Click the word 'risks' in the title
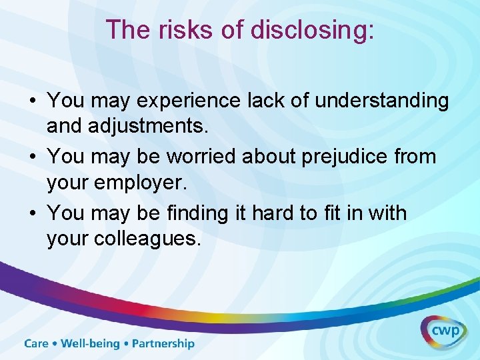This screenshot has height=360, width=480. tap(175, 30)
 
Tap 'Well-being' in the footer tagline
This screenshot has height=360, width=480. tap(90, 344)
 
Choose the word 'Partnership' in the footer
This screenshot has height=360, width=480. tap(163, 344)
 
